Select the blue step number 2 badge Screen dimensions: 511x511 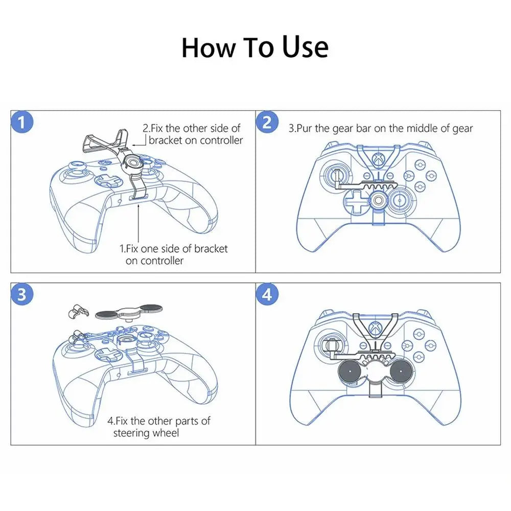coord(267,123)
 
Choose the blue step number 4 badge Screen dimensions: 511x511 coord(267,295)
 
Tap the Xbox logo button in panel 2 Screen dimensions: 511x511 coord(378,159)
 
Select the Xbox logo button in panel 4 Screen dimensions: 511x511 coord(378,330)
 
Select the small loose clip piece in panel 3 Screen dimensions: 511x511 coord(77,312)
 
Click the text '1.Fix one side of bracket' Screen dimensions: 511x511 coord(174,249)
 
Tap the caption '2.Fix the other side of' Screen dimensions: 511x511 coord(191,128)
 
